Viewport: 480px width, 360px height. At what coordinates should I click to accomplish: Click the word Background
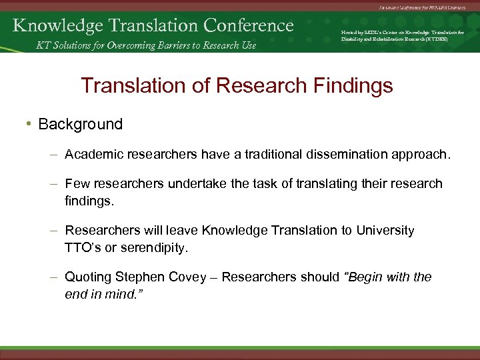pyautogui.click(x=81, y=125)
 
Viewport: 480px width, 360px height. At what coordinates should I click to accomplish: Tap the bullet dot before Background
pyautogui.click(x=31, y=125)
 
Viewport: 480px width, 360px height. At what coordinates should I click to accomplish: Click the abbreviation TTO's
pyautogui.click(x=82, y=248)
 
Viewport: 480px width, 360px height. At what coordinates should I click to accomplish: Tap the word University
pyautogui.click(x=385, y=231)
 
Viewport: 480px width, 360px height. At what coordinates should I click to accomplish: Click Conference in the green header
pyautogui.click(x=249, y=25)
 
